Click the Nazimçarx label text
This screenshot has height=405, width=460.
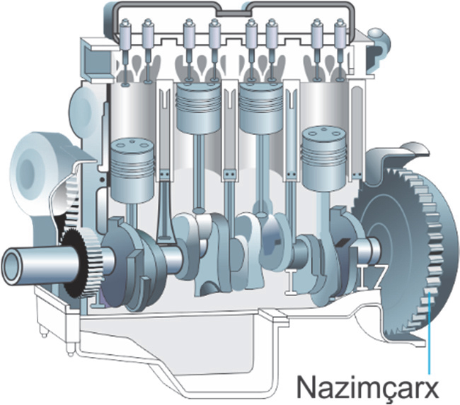(x=367, y=387)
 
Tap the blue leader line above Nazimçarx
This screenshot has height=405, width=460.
(x=429, y=334)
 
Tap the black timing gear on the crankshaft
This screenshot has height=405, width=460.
(x=75, y=263)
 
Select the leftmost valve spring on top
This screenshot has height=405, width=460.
(x=125, y=35)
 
